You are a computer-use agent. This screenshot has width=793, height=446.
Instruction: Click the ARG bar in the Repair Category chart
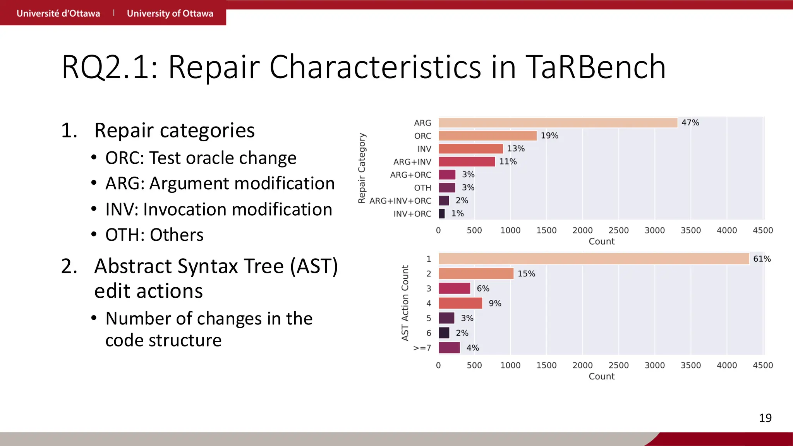(x=558, y=123)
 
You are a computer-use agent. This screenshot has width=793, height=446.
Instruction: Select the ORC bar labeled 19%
(x=487, y=136)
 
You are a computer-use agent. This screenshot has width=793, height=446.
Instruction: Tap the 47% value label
(x=690, y=123)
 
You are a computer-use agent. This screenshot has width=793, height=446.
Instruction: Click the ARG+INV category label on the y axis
(x=412, y=162)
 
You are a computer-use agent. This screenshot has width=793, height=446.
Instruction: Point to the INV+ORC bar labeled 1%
(x=442, y=214)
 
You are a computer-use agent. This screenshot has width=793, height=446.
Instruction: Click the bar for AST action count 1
(x=594, y=259)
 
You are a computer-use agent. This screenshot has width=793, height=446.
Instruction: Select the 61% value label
(x=762, y=259)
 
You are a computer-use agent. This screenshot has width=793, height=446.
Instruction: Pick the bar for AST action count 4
(x=460, y=303)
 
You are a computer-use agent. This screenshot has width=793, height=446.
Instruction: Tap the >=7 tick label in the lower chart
(x=422, y=348)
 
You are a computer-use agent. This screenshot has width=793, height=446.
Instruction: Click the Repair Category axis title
(x=362, y=168)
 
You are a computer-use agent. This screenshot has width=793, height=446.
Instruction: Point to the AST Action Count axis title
(x=405, y=303)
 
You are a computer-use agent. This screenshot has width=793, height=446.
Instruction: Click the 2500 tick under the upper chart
(x=618, y=230)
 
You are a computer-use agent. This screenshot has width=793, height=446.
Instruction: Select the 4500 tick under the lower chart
(x=762, y=365)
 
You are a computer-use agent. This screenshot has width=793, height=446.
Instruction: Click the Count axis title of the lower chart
(x=601, y=376)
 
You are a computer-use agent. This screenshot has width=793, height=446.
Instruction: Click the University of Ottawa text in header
(x=170, y=14)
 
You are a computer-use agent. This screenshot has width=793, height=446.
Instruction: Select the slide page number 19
(x=765, y=418)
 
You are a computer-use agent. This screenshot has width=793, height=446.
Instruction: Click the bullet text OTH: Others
(x=154, y=235)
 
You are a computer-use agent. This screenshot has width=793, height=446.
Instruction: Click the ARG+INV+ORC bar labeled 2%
(x=444, y=201)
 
